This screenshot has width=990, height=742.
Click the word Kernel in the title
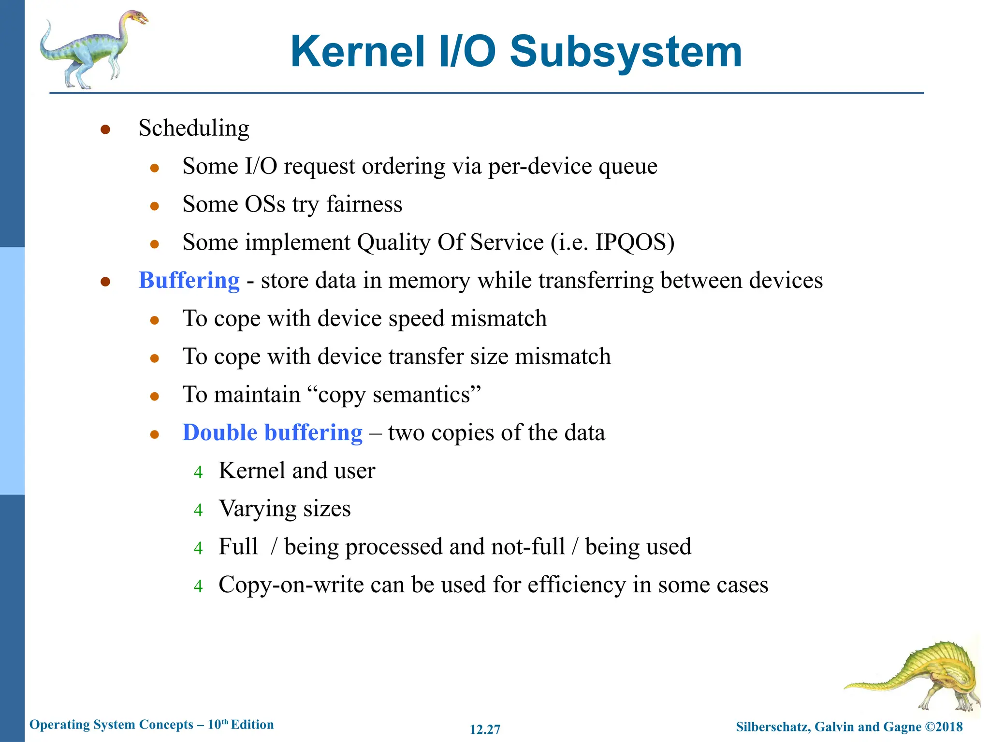(x=358, y=52)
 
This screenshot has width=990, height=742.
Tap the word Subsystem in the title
(x=626, y=52)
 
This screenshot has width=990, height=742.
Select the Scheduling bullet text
(x=194, y=128)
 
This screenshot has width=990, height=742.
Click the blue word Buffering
(x=189, y=281)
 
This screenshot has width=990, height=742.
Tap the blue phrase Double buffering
(x=272, y=433)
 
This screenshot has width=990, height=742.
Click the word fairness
(x=364, y=204)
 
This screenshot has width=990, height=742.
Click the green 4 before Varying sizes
(x=198, y=510)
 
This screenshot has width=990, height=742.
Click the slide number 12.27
(x=485, y=729)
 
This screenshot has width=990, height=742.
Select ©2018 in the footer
(x=944, y=727)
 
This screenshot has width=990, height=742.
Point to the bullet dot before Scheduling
(x=105, y=129)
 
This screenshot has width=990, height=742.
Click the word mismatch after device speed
(x=498, y=319)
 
